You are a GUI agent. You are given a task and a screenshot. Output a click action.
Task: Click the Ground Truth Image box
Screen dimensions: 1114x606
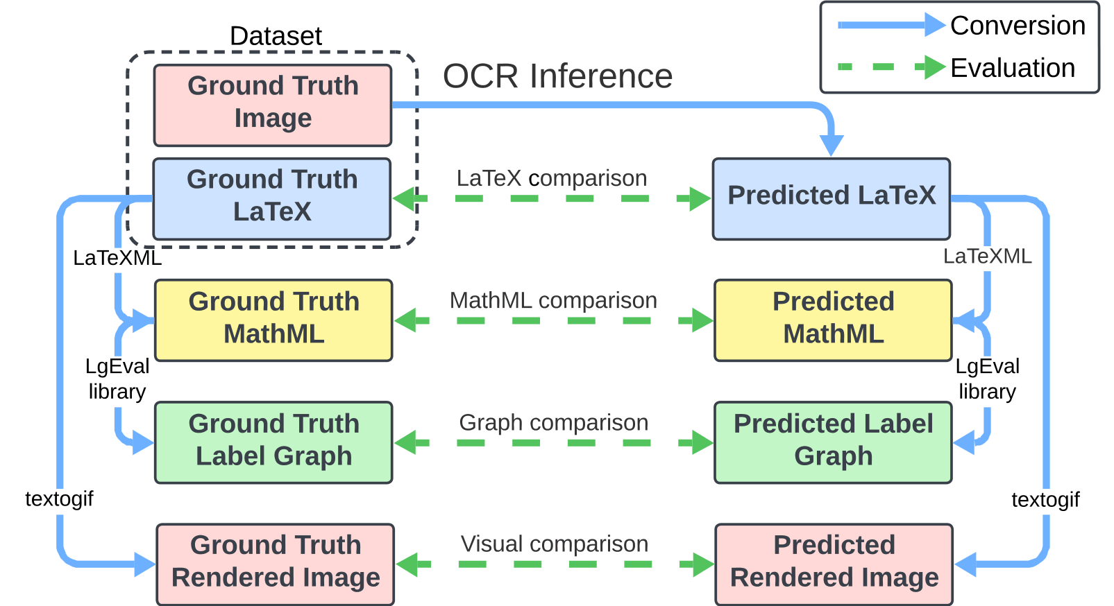(x=273, y=105)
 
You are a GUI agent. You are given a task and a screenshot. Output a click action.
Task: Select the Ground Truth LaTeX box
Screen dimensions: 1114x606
(x=272, y=199)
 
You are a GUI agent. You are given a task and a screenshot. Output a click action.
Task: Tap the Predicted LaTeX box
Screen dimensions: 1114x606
(x=832, y=199)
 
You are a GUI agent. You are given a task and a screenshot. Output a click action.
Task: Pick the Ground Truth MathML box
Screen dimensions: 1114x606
(x=273, y=320)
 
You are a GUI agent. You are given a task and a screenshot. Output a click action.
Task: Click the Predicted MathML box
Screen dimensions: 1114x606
(x=834, y=320)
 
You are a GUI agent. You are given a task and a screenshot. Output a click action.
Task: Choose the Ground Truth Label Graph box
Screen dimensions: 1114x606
(x=273, y=442)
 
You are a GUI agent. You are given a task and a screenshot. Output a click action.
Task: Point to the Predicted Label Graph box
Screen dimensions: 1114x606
(x=834, y=442)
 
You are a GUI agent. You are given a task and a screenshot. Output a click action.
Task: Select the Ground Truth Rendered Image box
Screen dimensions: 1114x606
(x=276, y=564)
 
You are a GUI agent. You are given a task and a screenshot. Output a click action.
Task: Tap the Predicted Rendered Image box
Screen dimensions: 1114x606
(x=834, y=564)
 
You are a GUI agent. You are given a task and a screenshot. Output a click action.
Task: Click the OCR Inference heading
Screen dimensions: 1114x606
(x=557, y=76)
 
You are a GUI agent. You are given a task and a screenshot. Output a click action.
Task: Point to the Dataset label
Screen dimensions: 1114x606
(x=276, y=36)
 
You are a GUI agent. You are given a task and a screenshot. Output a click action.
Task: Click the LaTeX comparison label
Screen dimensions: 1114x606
(x=552, y=178)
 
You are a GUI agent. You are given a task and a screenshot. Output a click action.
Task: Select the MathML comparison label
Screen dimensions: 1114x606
(x=553, y=300)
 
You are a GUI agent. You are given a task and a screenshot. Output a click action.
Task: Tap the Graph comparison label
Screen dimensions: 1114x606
(x=553, y=423)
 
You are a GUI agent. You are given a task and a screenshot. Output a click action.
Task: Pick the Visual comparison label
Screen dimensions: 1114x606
(x=555, y=544)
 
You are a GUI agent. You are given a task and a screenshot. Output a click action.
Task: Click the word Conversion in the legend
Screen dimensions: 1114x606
(x=1018, y=26)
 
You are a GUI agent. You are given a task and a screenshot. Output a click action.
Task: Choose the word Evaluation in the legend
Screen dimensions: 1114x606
(x=1013, y=67)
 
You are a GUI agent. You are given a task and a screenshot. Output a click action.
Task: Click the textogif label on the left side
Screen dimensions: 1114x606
(x=59, y=499)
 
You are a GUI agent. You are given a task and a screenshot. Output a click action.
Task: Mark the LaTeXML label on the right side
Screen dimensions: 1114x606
(x=987, y=257)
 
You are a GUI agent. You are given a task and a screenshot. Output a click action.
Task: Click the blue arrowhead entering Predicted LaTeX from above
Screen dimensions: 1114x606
(x=831, y=146)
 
